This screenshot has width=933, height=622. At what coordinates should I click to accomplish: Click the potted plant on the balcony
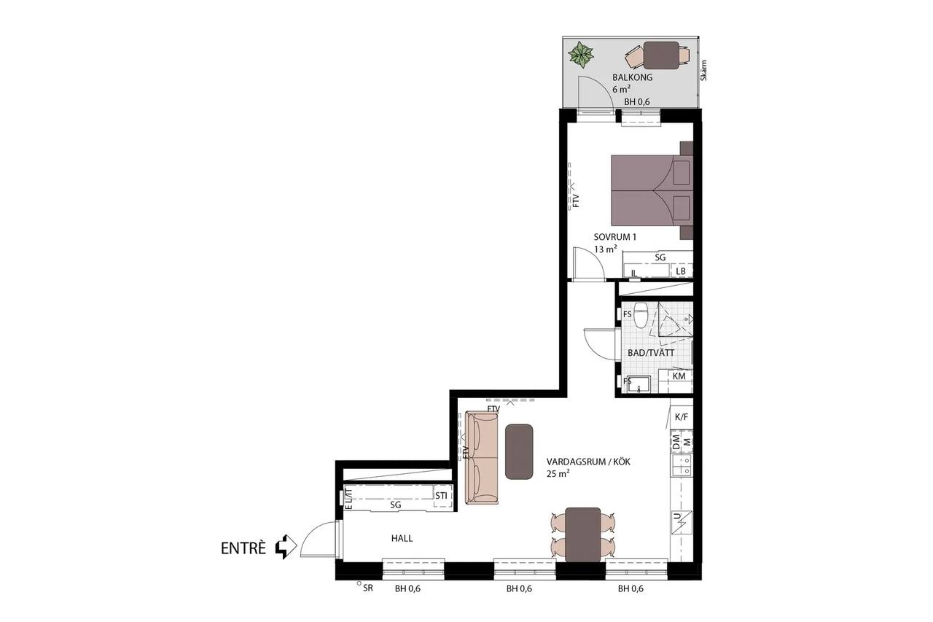tap(581, 55)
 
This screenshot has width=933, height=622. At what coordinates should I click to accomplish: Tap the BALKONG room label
tap(632, 77)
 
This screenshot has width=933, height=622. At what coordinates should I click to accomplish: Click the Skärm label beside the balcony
tap(703, 71)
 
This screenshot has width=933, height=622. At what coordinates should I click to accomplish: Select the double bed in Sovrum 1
tap(652, 190)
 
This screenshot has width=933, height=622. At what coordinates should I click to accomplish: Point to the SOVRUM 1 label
tap(614, 237)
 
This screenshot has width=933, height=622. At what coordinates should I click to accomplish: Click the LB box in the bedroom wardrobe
tap(681, 271)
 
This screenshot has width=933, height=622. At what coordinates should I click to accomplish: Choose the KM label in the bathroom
tap(679, 376)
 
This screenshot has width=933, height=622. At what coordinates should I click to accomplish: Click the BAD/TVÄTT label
tap(651, 353)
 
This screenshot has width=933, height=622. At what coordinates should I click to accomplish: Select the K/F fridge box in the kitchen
tap(682, 416)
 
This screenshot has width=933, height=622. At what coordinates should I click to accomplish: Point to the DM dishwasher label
tap(676, 442)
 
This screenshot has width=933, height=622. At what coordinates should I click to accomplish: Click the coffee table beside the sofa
tap(519, 451)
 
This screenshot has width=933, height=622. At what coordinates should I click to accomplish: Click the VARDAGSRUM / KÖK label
tap(588, 462)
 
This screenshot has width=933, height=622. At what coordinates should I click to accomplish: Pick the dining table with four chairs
tap(583, 534)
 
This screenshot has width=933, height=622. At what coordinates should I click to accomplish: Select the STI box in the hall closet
tap(442, 496)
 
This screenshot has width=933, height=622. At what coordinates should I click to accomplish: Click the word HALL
tap(402, 539)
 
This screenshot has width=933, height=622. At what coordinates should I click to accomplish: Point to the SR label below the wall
tap(368, 588)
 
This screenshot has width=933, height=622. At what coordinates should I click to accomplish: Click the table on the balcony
tap(661, 55)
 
